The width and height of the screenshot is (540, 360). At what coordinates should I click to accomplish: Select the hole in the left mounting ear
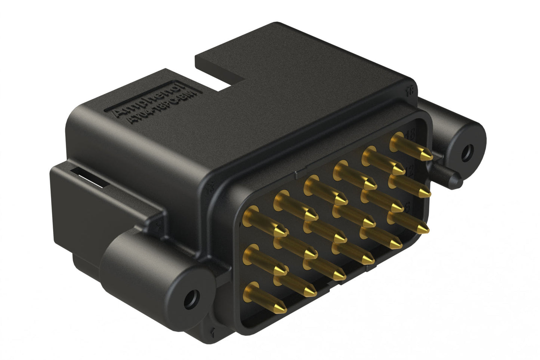192,298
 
